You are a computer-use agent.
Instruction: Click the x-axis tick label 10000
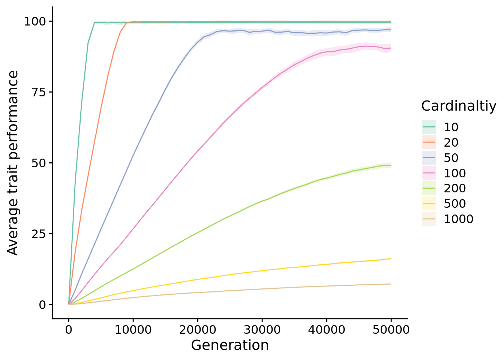click(133, 330)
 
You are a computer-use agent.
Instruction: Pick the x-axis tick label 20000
click(198, 330)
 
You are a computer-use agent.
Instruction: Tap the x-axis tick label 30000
click(262, 330)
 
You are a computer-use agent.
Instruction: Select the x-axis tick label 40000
click(327, 330)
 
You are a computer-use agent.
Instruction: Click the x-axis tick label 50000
click(391, 330)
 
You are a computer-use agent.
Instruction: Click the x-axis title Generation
click(230, 345)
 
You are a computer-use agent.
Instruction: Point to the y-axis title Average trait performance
click(13, 163)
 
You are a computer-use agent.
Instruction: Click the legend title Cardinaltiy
click(459, 106)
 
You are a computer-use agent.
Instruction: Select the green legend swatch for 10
click(429, 127)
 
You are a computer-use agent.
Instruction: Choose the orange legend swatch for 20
click(429, 142)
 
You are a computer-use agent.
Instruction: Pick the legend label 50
click(451, 158)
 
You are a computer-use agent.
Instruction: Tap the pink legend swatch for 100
click(429, 173)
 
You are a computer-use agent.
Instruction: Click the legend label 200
click(455, 189)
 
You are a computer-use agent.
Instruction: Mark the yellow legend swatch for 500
click(429, 204)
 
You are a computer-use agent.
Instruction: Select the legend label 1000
click(459, 219)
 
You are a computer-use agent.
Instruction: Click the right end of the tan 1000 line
click(391, 284)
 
